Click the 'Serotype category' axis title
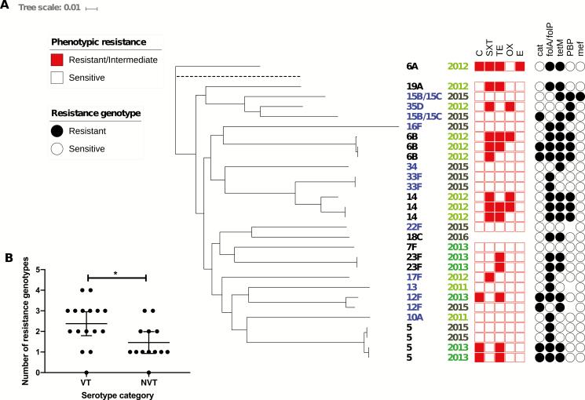117,394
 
